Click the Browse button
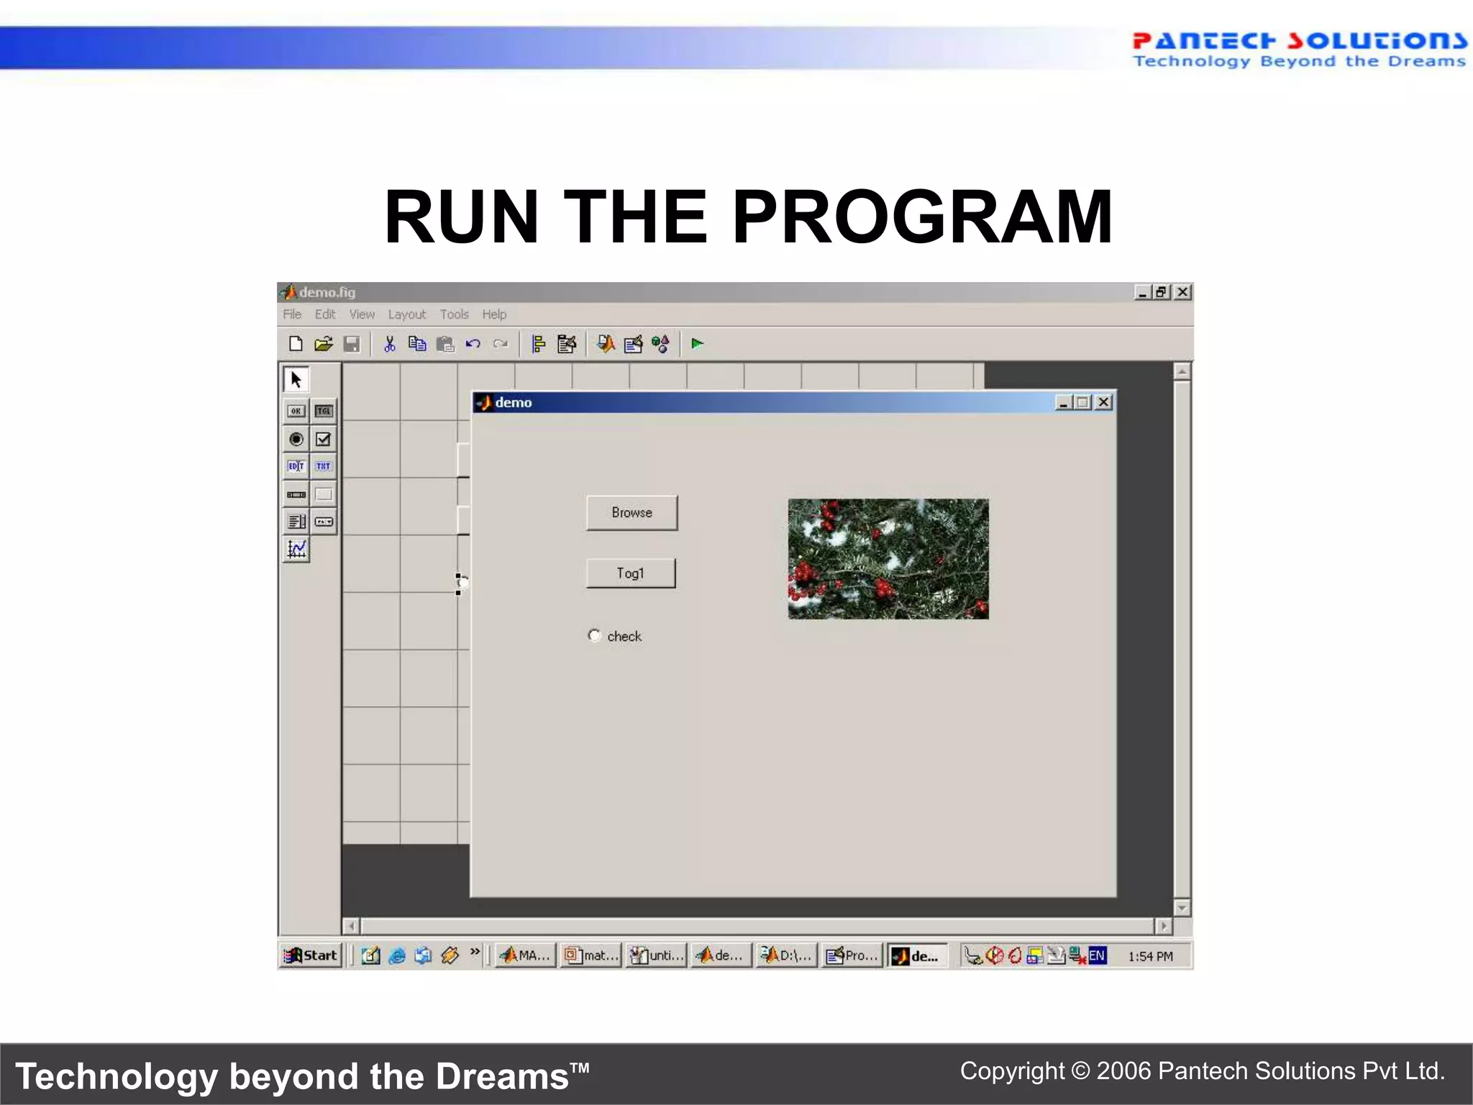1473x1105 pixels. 631,513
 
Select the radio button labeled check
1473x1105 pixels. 594,636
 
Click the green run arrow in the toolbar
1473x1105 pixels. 697,344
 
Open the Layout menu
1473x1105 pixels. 406,314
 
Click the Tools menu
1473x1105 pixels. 454,314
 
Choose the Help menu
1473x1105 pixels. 494,314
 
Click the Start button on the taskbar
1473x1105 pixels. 311,955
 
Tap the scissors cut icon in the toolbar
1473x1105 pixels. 389,344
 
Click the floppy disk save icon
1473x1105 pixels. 352,344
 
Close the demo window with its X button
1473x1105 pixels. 1103,402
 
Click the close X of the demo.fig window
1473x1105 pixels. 1182,292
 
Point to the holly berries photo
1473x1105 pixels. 888,559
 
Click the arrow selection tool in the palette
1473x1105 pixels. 296,379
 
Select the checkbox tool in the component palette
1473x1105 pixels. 324,439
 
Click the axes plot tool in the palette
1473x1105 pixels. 296,550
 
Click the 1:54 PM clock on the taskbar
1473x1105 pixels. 1150,956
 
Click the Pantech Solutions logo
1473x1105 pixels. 1299,50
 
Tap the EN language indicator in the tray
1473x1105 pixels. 1097,955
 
